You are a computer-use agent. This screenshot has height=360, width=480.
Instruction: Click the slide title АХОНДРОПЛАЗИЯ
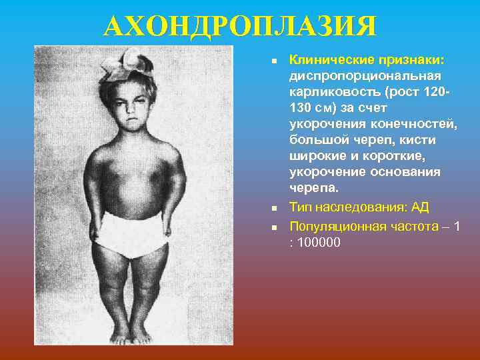click(x=239, y=27)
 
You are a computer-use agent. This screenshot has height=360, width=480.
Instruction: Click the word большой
click(x=317, y=140)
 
